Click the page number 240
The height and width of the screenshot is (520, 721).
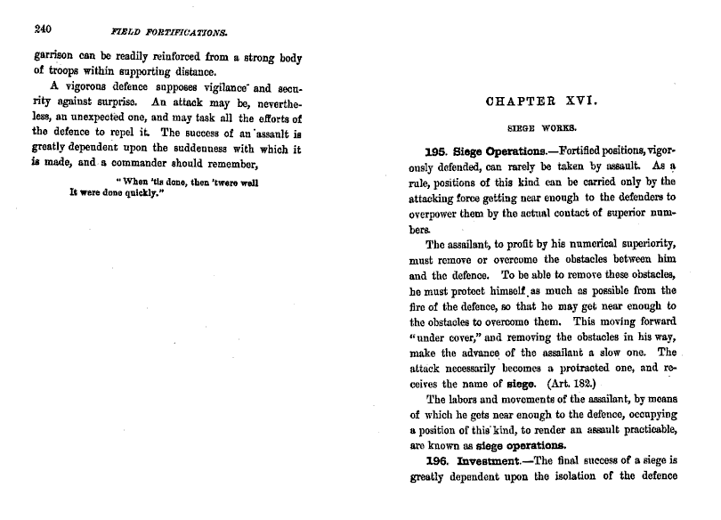point(43,28)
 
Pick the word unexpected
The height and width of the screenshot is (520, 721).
point(108,118)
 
